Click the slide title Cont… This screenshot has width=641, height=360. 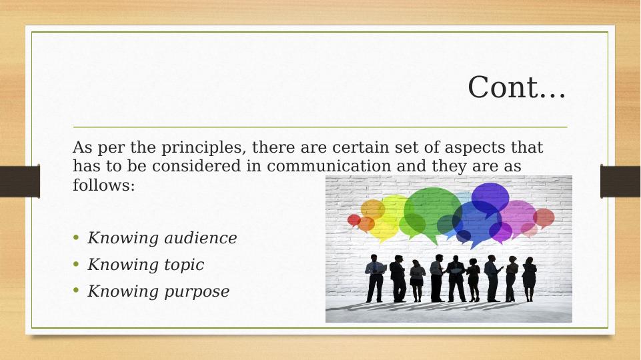click(517, 87)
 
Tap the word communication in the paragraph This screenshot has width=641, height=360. click(329, 166)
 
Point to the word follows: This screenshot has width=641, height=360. click(104, 185)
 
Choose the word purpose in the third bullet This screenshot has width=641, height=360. click(197, 292)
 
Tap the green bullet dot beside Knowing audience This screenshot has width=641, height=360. click(76, 237)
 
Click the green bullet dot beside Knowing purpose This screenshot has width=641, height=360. click(76, 291)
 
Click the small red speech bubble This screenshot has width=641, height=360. click(354, 221)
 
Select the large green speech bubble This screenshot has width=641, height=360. click(432, 213)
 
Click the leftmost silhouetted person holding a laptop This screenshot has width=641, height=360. click(375, 278)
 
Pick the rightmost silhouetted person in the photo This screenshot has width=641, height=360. click(529, 279)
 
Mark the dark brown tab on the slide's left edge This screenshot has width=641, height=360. click(19, 181)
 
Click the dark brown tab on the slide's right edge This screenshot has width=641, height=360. click(620, 181)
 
